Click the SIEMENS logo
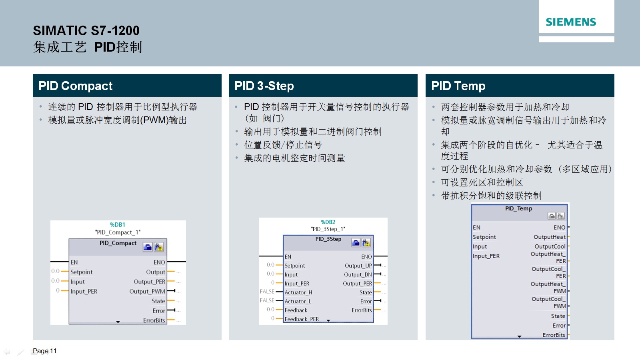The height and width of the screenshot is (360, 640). coord(571,22)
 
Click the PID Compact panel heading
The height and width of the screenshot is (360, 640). coord(76,86)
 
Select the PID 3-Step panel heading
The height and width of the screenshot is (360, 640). coord(264,86)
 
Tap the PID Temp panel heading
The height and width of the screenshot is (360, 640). coord(458,86)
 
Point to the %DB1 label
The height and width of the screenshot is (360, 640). coord(118,224)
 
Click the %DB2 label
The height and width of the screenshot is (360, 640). coord(328,222)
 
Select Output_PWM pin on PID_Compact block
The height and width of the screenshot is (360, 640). coord(147,292)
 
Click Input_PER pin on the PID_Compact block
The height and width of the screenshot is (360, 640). coord(84,292)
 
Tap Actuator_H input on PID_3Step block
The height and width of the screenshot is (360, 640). coord(298,292)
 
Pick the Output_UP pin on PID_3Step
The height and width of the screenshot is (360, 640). coord(358,266)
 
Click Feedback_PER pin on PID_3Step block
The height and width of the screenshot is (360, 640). coord(302,319)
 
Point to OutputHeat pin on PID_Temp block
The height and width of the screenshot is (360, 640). coord(550,237)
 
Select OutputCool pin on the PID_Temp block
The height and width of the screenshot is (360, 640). coord(550,246)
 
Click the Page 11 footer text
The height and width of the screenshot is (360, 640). coord(44,351)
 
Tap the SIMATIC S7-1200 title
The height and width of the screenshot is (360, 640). coord(86,30)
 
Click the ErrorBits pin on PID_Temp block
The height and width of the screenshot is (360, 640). coord(554,335)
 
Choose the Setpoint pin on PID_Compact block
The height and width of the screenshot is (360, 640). coord(82,272)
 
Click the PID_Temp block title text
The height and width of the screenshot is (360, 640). coord(518,208)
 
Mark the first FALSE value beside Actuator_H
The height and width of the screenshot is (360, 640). coord(267,292)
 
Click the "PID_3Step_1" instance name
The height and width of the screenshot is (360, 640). coord(328,229)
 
